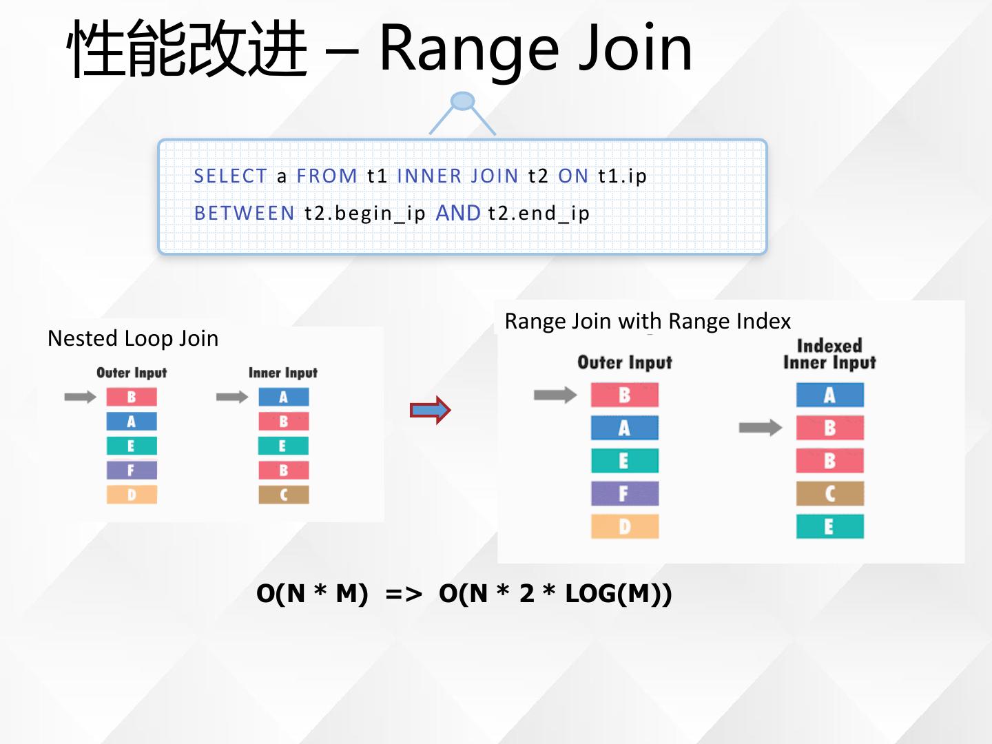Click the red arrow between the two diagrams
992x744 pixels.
coord(430,411)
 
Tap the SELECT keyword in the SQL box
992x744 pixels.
coord(230,176)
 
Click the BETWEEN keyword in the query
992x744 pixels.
coord(245,214)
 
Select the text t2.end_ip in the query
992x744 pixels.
coord(539,214)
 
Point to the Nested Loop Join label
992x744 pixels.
coord(133,338)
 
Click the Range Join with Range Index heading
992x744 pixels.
coord(648,321)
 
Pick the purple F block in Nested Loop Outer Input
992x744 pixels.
coord(132,471)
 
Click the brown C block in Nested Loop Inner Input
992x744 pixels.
coord(284,495)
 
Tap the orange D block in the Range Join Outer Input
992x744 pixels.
coord(625,526)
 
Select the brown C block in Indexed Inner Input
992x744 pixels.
coord(829,493)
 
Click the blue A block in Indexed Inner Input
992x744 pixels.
coord(829,395)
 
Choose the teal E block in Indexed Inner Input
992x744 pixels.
coord(829,526)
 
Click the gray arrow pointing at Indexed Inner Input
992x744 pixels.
coord(760,428)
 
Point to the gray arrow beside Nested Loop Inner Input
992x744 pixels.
coord(231,397)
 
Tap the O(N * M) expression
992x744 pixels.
coord(312,593)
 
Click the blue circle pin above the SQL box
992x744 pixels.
coord(462,101)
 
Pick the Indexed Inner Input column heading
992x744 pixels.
coord(829,354)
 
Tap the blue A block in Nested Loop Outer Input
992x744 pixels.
coord(132,422)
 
